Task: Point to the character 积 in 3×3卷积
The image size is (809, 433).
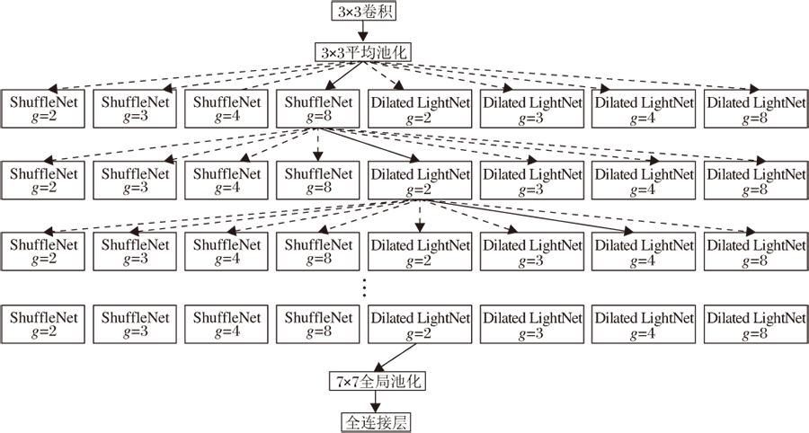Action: click(386, 12)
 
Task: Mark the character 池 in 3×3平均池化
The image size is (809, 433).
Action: click(384, 53)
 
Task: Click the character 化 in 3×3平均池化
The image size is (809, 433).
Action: click(399, 53)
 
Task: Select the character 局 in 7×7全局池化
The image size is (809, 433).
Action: click(382, 382)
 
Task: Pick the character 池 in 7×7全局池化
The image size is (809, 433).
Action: click(397, 382)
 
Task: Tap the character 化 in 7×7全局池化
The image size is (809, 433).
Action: click(413, 382)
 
